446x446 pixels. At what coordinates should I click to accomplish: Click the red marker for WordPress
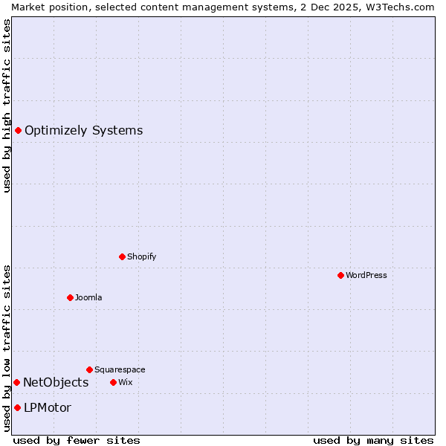pos(340,275)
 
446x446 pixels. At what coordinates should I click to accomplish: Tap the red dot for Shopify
pos(122,256)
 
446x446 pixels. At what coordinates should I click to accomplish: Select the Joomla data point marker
pos(70,297)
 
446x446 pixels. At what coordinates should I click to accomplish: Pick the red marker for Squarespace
pos(89,369)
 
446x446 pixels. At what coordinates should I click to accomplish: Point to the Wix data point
pos(113,382)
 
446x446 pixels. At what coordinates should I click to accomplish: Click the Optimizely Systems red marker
pos(18,131)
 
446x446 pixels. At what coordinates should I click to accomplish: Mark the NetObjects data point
pos(16,382)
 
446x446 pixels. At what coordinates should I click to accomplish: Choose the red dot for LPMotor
pos(17,407)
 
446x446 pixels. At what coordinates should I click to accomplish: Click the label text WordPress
pos(366,275)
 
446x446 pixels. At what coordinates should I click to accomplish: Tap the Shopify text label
pos(142,256)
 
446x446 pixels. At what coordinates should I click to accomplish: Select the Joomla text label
pos(88,297)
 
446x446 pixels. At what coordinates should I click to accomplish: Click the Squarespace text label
pos(120,369)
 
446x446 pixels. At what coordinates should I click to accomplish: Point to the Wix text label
pos(126,382)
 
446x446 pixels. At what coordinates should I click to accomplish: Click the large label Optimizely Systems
pos(83,131)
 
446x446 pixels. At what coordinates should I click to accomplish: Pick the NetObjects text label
pos(56,382)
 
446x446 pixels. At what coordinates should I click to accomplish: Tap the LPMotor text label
pos(48,407)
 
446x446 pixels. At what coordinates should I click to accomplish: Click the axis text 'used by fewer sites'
pos(77,440)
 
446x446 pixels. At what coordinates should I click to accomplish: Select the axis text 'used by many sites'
pos(373,440)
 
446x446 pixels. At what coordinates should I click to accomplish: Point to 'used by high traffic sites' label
pos(7,106)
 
